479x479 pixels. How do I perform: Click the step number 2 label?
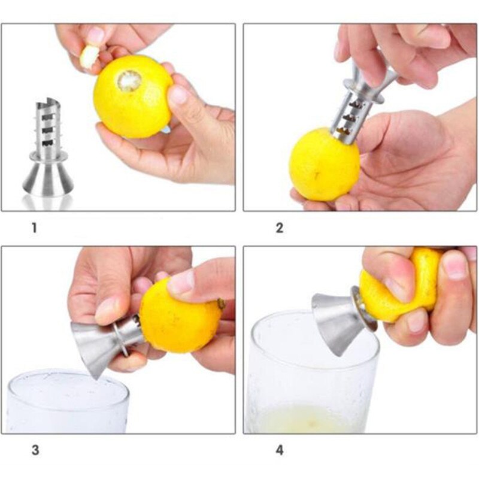click(279, 228)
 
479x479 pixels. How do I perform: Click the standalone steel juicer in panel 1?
click(48, 150)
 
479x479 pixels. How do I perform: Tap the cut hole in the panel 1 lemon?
click(129, 80)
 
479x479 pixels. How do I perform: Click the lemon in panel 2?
click(324, 164)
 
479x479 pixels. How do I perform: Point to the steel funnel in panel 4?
click(335, 320)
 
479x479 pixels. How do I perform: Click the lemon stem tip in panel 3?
click(221, 304)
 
